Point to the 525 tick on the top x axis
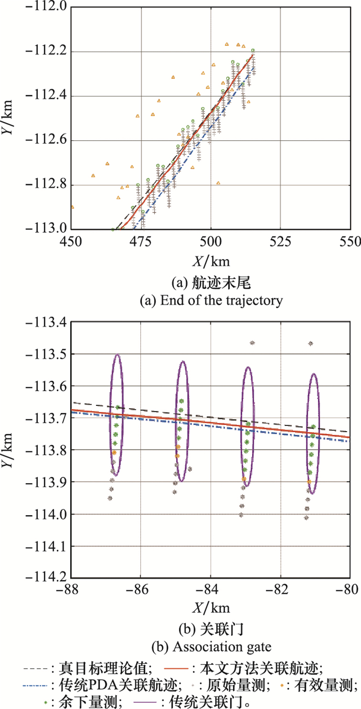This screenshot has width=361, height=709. pyautogui.click(x=281, y=241)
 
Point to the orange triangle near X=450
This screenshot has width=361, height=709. pyautogui.click(x=72, y=207)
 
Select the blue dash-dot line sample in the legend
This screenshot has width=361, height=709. pyautogui.click(x=37, y=685)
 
